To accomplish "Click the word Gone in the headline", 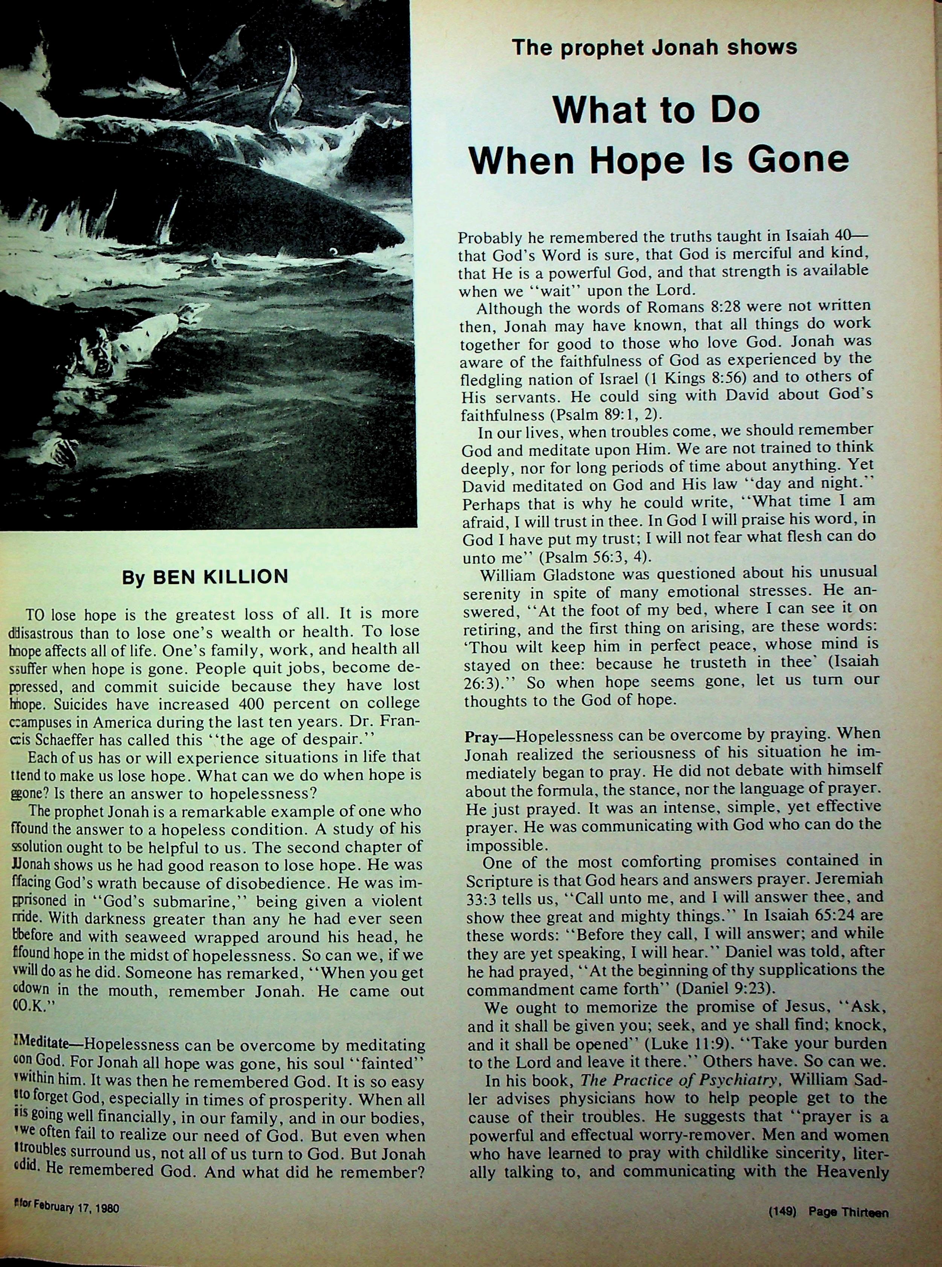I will (x=801, y=160).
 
